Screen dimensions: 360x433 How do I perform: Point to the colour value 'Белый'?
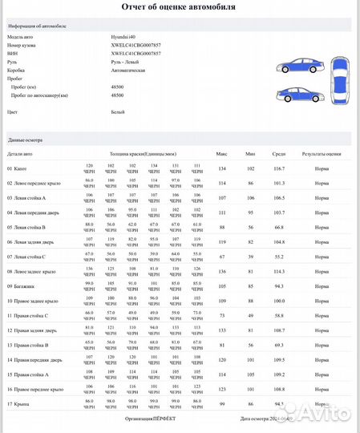pyautogui.click(x=118, y=113)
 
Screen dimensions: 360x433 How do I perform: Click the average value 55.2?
pyautogui.click(x=279, y=257)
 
